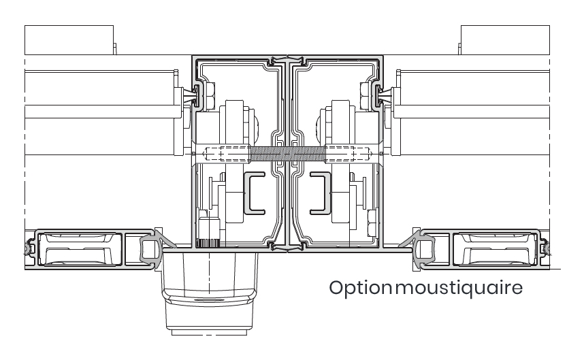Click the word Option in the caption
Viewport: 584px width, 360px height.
tap(360, 289)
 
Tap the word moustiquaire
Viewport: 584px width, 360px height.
tap(459, 288)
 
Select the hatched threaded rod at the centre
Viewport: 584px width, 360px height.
tap(287, 153)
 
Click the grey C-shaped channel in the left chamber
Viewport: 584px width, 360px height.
tap(255, 193)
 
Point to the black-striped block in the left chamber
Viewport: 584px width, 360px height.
tap(208, 244)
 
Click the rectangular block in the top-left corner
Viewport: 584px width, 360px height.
tap(69, 40)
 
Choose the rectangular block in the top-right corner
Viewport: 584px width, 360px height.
tap(506, 40)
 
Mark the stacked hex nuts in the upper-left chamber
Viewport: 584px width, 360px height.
tap(210, 97)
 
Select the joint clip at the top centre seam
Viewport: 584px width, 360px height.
tap(287, 61)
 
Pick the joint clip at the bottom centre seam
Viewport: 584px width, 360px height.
tap(287, 246)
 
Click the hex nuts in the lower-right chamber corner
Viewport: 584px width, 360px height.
tap(371, 223)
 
